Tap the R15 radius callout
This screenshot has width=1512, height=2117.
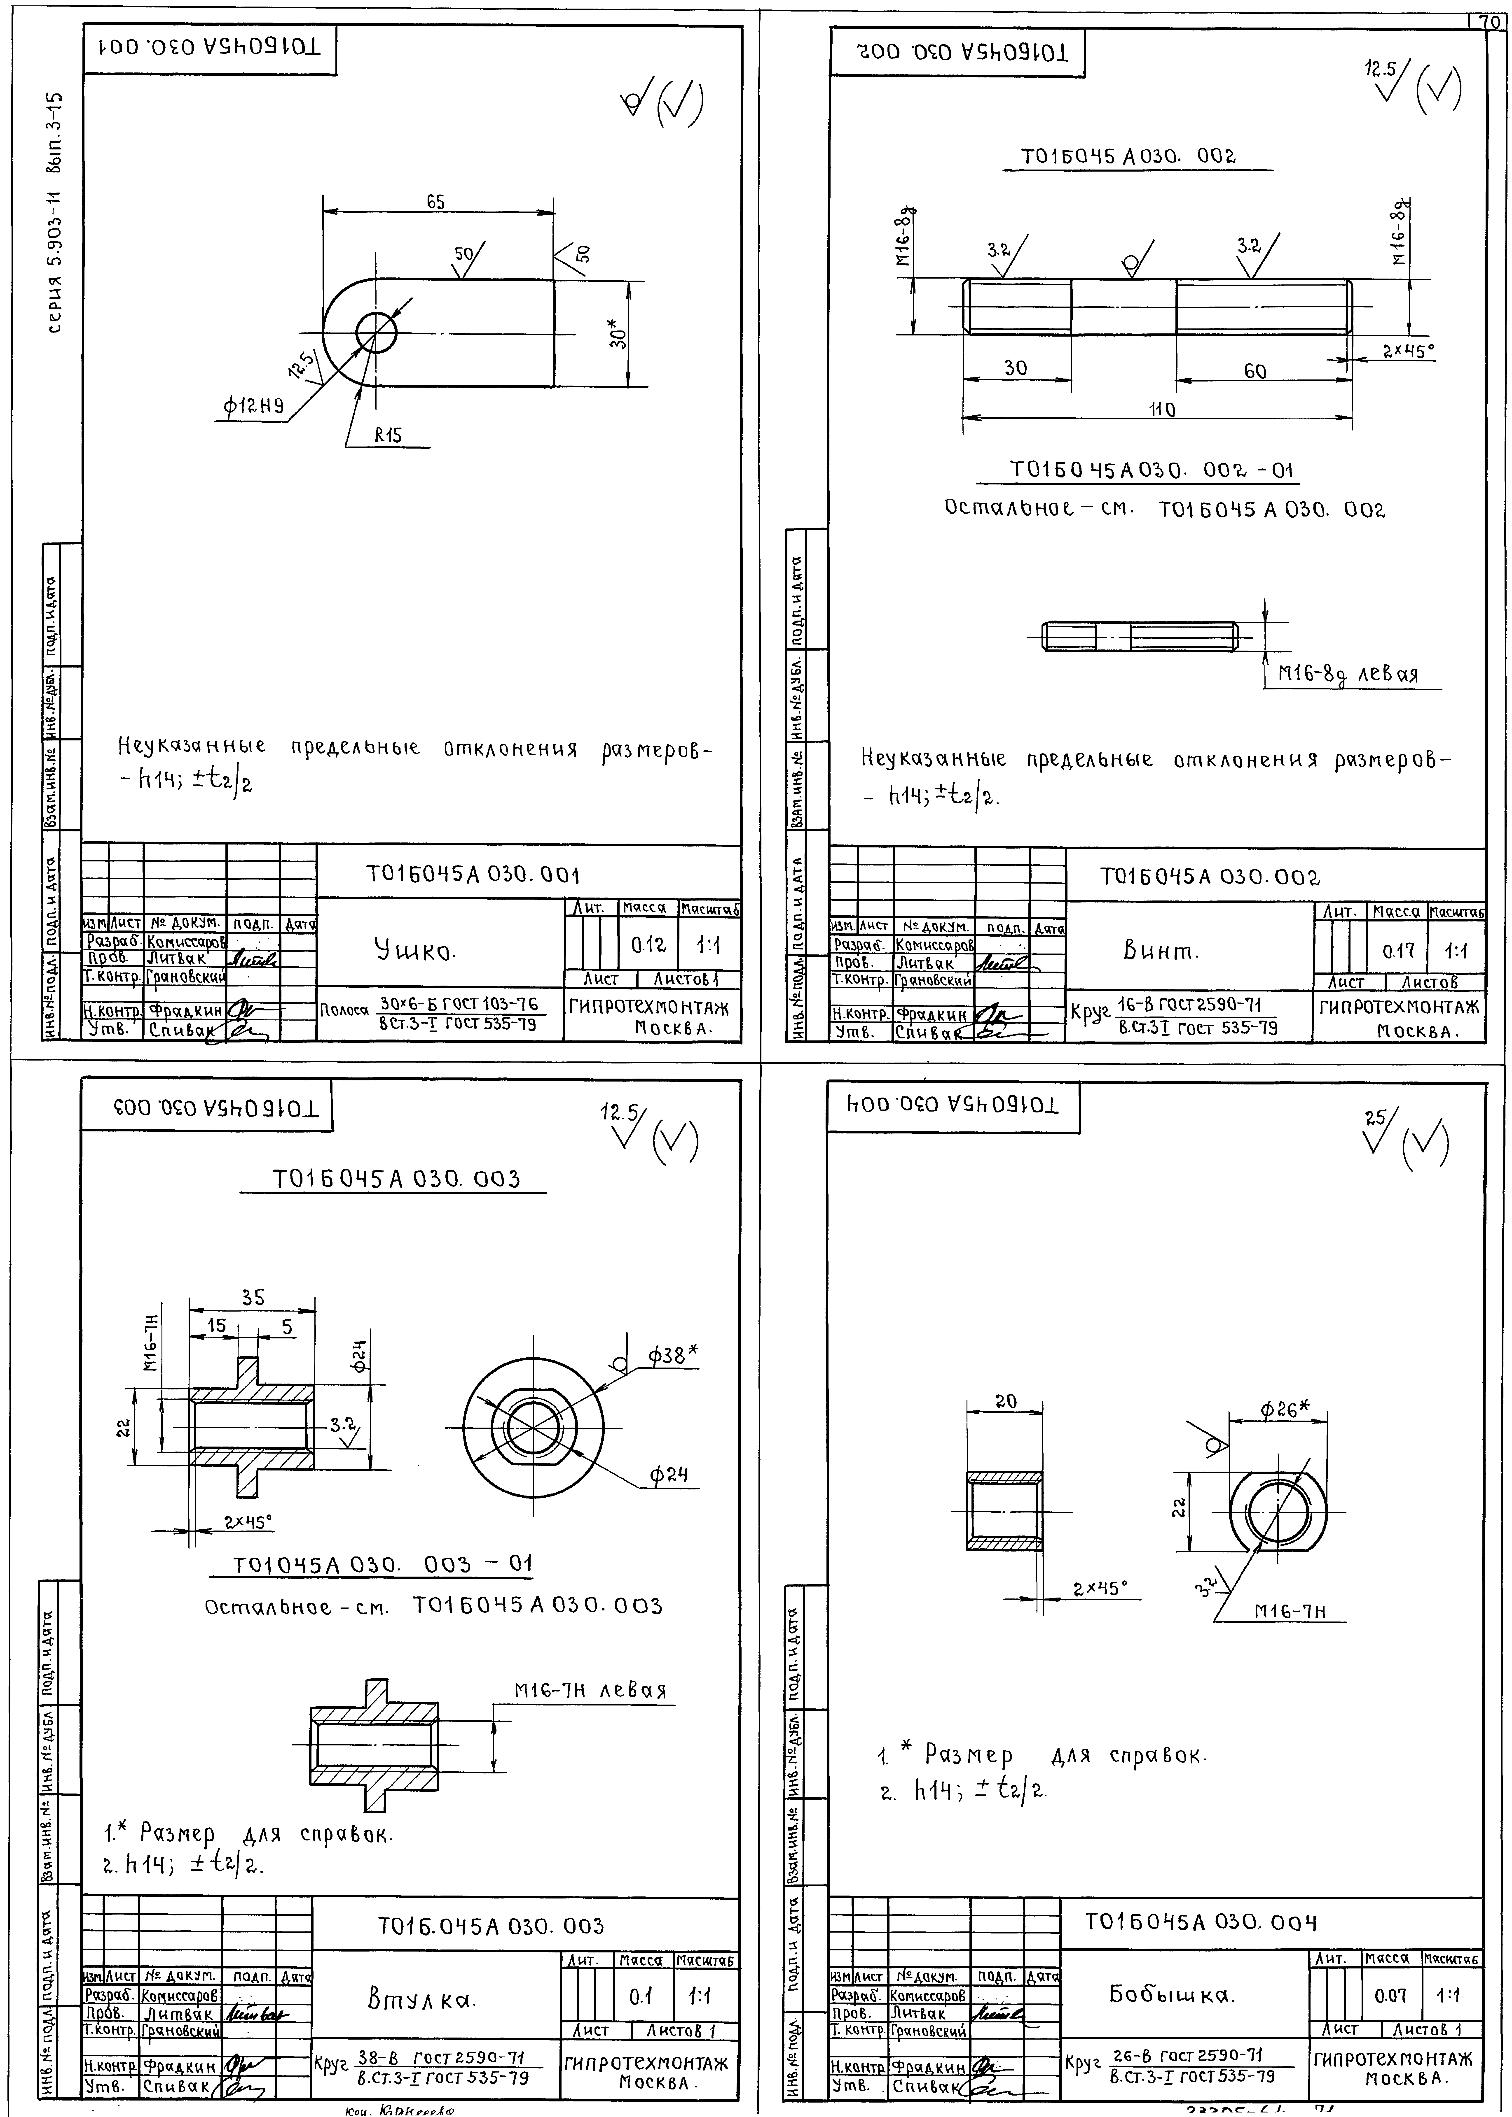[x=388, y=435]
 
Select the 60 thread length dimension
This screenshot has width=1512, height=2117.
[x=1255, y=371]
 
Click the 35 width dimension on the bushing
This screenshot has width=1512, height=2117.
[x=253, y=1297]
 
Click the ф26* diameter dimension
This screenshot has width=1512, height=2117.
[x=1285, y=1410]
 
